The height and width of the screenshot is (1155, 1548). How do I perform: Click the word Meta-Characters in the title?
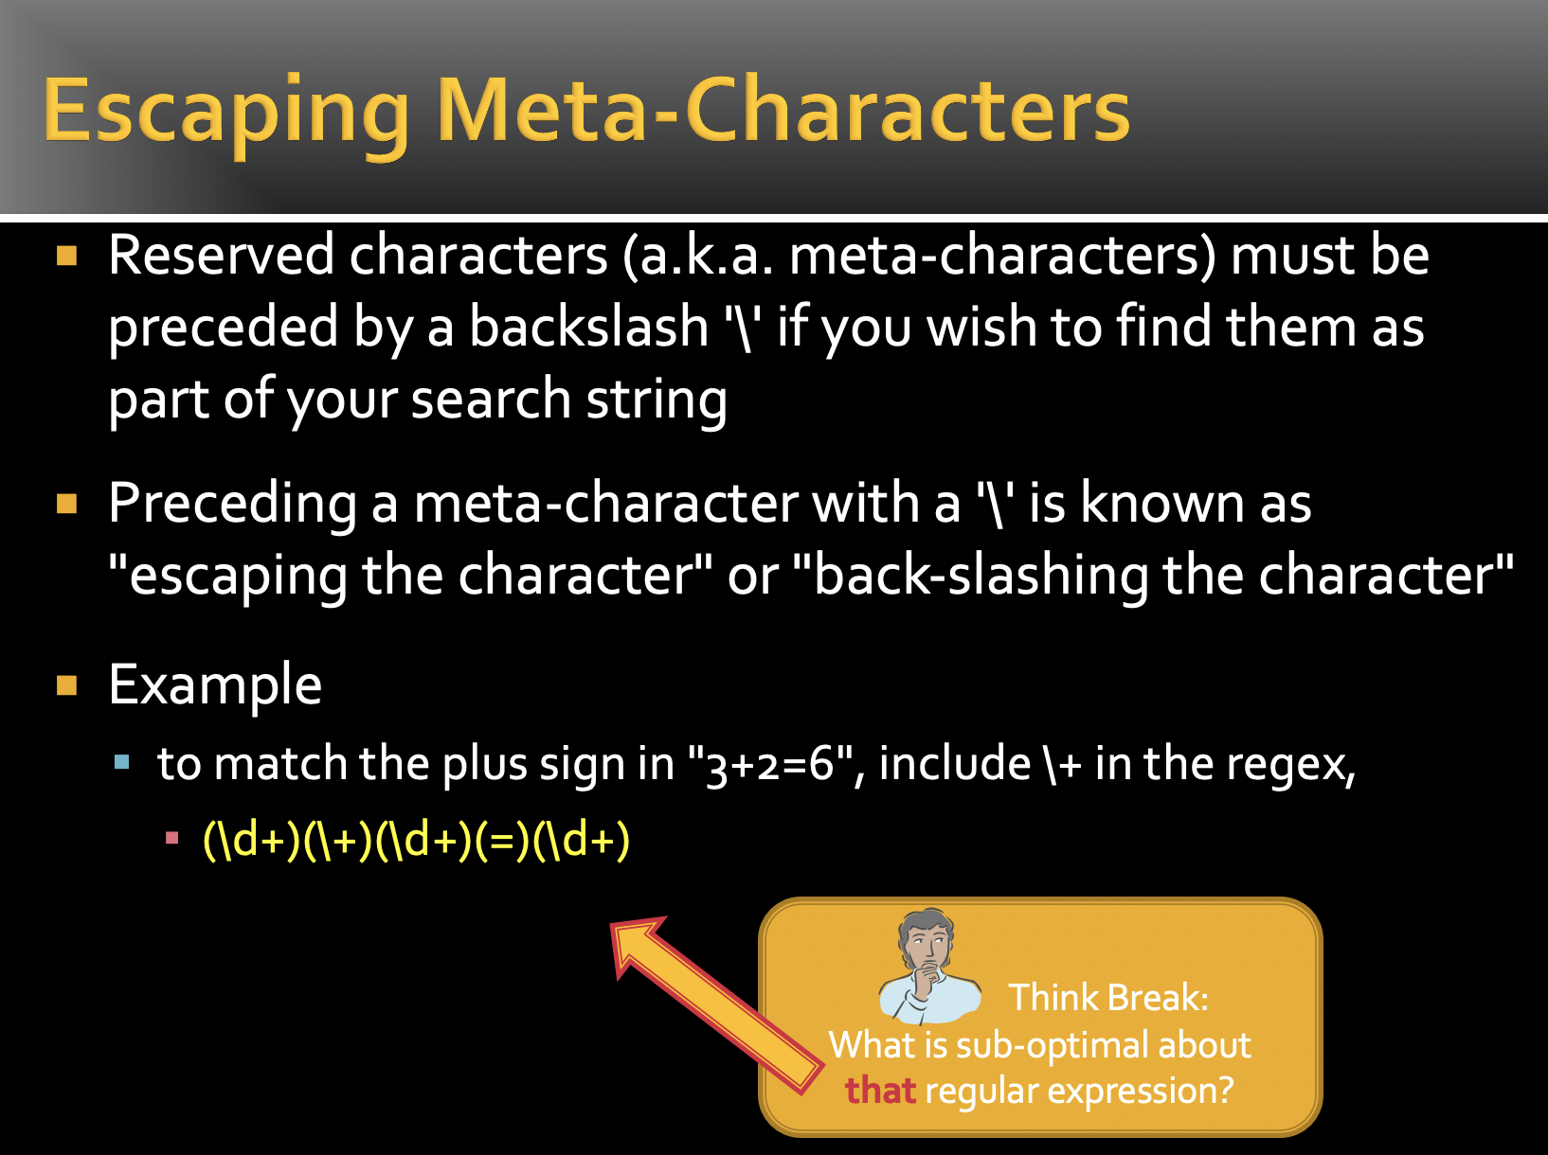783,109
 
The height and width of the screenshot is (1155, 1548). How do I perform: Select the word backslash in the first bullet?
589,327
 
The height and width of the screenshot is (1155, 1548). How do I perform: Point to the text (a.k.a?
698,258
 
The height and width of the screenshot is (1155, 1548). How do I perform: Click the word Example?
215,685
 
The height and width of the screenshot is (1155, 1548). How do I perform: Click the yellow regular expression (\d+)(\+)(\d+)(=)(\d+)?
416,840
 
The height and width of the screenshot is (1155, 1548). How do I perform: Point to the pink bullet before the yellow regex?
172,838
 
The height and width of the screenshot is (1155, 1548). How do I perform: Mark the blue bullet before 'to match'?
122,761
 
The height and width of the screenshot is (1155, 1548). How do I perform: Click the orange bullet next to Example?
66,685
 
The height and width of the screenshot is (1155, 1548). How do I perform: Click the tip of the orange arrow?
612,923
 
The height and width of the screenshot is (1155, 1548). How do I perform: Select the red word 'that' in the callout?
881,1091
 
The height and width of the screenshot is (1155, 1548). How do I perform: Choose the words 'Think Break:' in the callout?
1108,998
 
